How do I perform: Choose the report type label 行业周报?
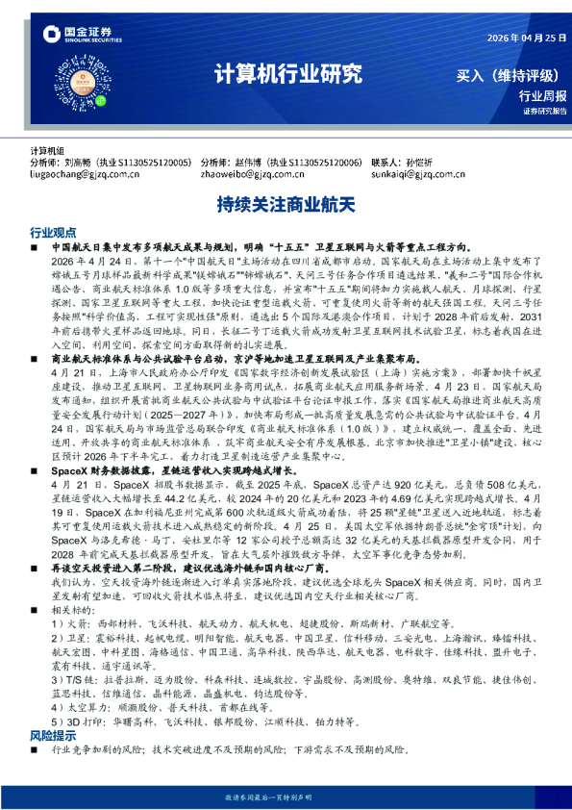click(542, 96)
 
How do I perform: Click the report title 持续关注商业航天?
click(286, 205)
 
